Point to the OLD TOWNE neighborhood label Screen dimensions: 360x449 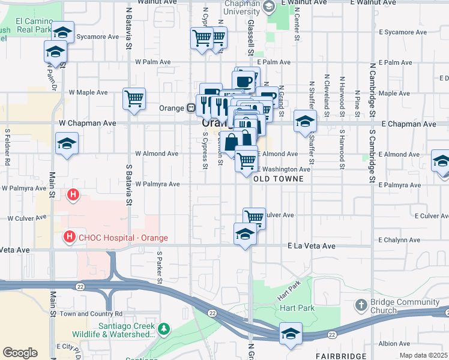tap(276, 179)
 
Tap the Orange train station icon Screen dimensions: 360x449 tap(190, 109)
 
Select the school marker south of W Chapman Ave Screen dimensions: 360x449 tap(67, 143)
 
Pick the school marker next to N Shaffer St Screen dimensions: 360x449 tap(305, 121)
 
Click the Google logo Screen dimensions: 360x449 tap(20, 353)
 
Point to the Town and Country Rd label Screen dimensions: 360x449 tap(91, 314)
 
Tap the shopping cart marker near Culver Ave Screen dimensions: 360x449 tap(255, 217)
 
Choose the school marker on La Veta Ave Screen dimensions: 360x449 tap(245, 234)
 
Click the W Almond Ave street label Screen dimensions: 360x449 tap(156, 154)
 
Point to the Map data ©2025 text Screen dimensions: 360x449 tap(423, 355)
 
